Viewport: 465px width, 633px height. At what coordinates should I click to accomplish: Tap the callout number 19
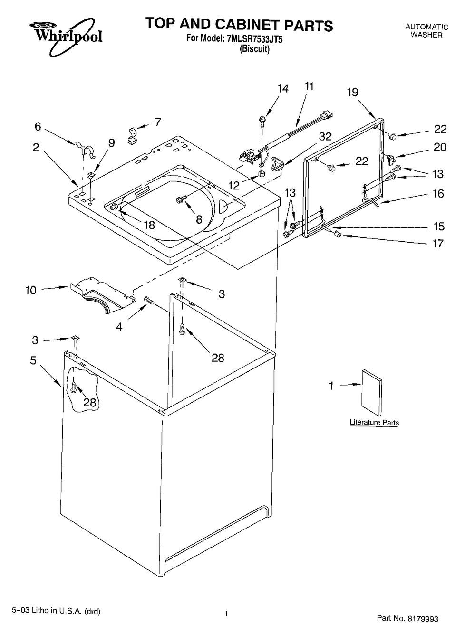(x=352, y=92)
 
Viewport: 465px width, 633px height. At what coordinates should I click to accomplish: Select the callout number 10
(x=31, y=290)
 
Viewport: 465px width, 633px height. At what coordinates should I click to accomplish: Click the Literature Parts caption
(x=374, y=422)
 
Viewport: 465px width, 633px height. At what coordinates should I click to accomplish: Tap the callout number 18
(x=149, y=225)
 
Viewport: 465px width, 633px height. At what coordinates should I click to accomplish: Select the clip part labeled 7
(x=132, y=134)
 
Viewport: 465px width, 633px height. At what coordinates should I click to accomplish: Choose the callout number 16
(x=438, y=193)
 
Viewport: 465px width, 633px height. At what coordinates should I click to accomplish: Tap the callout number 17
(x=438, y=244)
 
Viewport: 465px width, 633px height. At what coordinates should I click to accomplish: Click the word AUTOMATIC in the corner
(x=426, y=27)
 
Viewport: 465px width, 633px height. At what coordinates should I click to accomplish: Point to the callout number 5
(x=33, y=361)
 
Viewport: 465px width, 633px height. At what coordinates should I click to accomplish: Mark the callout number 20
(x=440, y=147)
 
